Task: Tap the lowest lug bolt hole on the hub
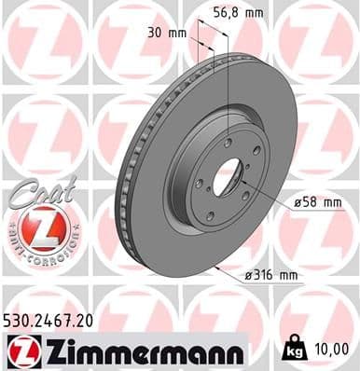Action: [x=210, y=215]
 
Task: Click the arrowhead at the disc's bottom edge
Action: [x=215, y=268]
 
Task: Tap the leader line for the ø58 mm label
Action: [x=266, y=200]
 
